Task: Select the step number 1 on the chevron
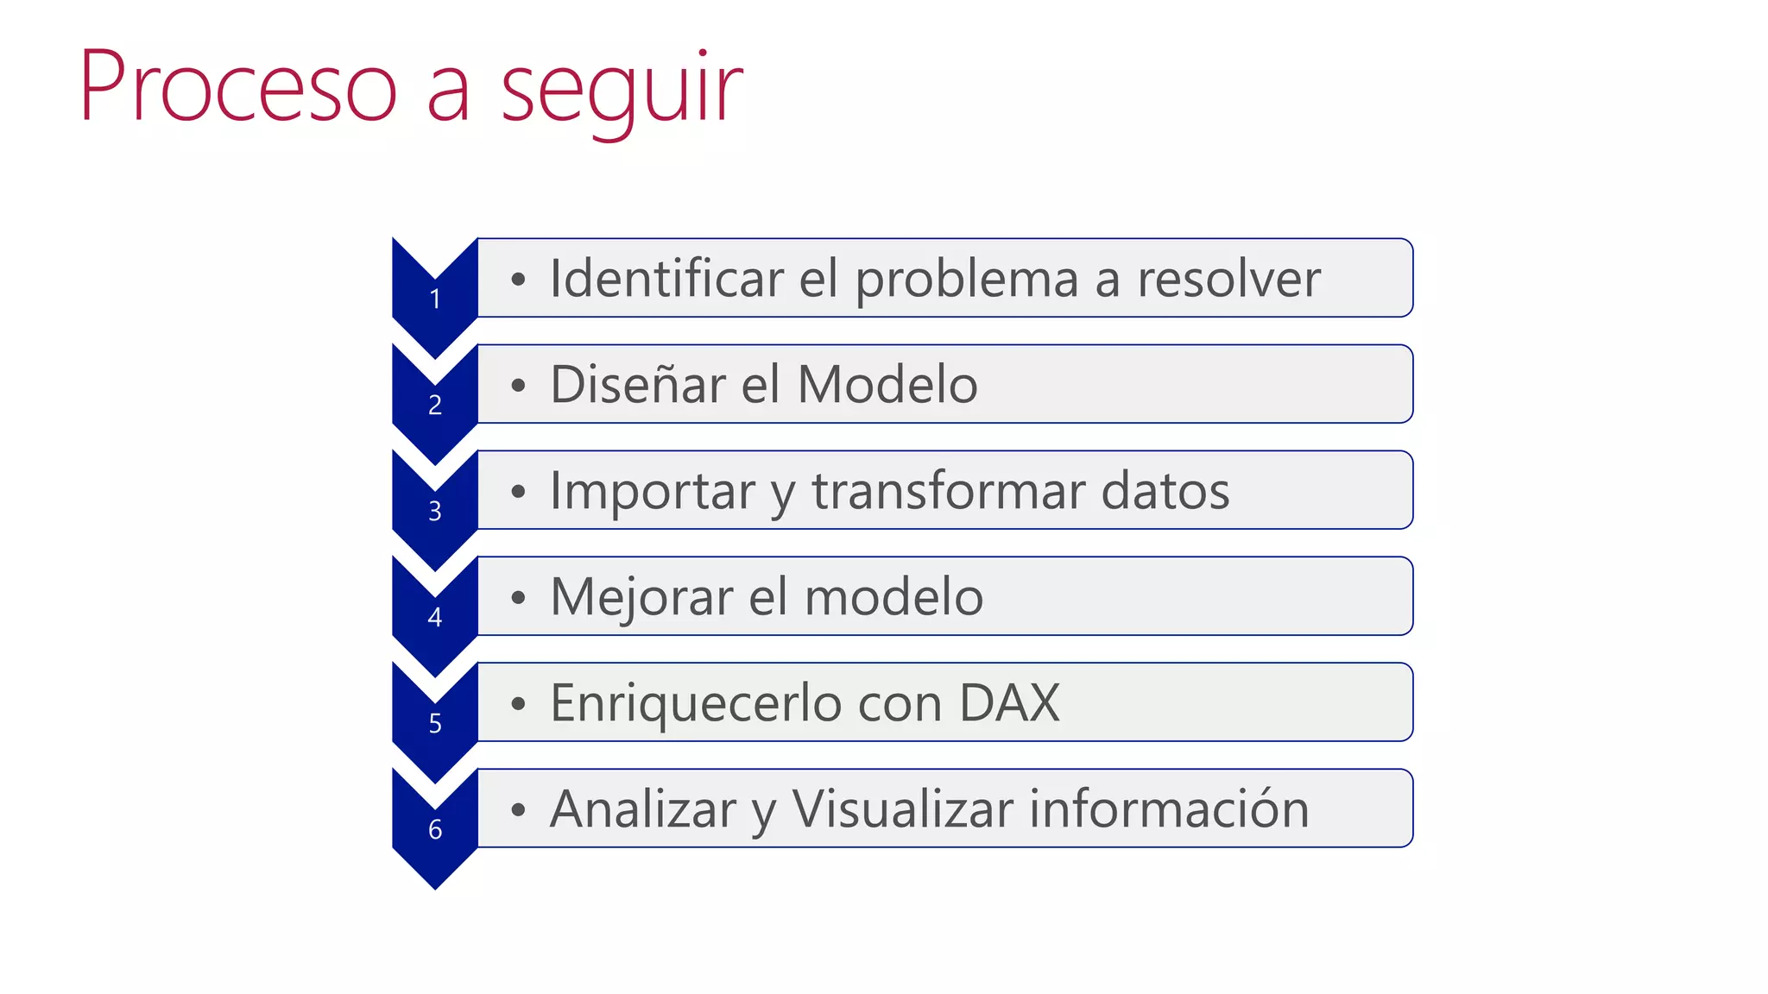(435, 299)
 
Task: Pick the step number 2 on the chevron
(435, 405)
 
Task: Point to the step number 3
(435, 512)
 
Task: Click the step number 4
(435, 617)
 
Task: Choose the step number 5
(435, 723)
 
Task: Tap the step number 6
(435, 829)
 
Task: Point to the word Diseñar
(637, 385)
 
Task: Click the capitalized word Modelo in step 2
(887, 385)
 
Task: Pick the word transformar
(948, 491)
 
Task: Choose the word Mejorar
(641, 597)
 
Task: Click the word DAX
(1009, 703)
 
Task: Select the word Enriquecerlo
(696, 703)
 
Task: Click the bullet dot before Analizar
(518, 809)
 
